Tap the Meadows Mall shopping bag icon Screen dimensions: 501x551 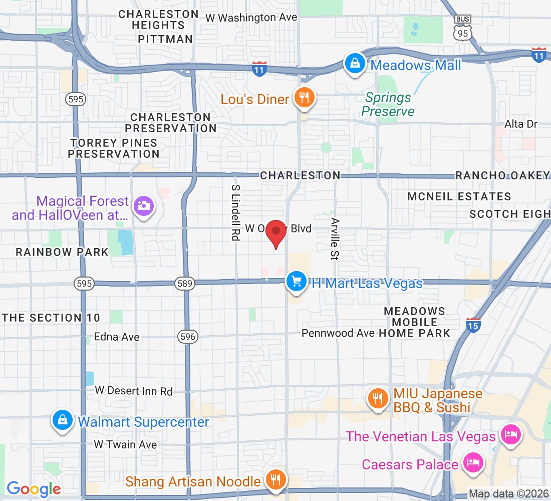click(355, 64)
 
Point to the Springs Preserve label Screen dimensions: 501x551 click(388, 104)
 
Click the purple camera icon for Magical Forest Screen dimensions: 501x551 click(144, 205)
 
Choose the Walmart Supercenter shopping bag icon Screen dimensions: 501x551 click(63, 420)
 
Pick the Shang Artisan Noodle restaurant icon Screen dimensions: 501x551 click(274, 479)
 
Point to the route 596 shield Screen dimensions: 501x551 click(188, 337)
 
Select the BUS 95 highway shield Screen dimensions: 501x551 click(462, 29)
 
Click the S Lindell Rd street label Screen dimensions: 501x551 click(235, 212)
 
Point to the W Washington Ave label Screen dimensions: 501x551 click(251, 18)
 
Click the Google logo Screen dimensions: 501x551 click(34, 488)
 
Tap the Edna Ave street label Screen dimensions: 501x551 click(117, 337)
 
